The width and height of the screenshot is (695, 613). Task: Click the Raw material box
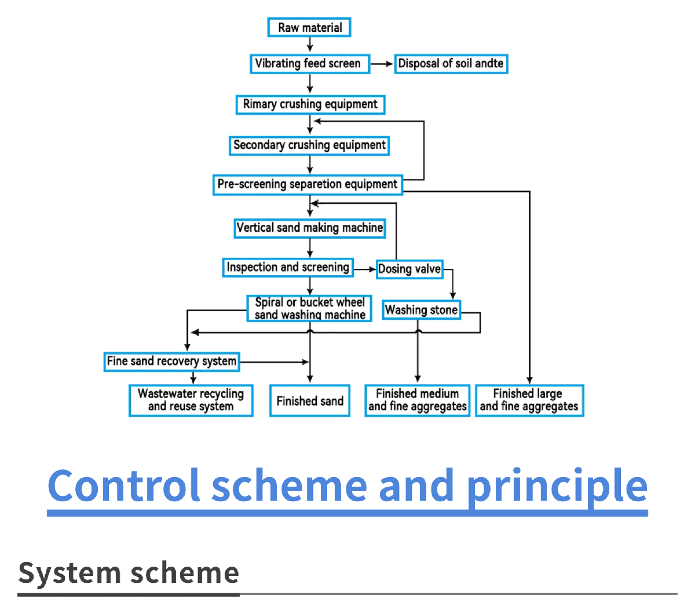pos(309,27)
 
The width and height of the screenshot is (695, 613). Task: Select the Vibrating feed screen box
pos(310,64)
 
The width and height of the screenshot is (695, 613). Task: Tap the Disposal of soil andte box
pos(451,64)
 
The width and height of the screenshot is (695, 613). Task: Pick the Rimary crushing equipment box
pos(310,105)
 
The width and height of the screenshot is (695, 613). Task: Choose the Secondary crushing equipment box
pos(309,145)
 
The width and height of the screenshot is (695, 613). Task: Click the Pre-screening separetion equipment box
pos(308,185)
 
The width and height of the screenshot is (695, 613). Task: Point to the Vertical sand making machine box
pos(310,228)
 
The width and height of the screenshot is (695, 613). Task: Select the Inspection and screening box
pos(288,267)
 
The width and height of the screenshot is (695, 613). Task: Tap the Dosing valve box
pos(409,269)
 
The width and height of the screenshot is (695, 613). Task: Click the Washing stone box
pos(421,310)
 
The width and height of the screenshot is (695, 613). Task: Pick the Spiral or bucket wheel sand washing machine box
pos(309,308)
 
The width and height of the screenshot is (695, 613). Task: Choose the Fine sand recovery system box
pos(171,362)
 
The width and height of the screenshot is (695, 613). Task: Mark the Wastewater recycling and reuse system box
pos(191,400)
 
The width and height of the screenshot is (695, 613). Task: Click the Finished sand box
pos(310,400)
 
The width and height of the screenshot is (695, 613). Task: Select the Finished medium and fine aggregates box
pos(417,400)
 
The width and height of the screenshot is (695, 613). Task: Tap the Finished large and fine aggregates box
pos(529,400)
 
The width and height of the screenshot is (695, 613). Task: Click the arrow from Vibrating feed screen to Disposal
pos(382,64)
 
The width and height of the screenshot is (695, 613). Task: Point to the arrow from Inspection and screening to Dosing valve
pos(365,269)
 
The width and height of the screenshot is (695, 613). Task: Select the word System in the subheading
pos(69,574)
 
